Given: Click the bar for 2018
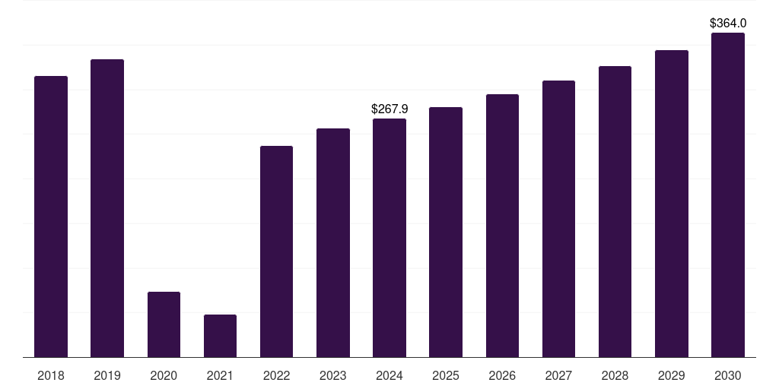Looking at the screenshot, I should (x=51, y=217).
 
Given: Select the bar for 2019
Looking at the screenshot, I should (x=107, y=208).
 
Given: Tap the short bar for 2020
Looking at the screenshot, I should (x=164, y=324).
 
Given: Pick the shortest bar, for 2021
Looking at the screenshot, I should (x=220, y=336).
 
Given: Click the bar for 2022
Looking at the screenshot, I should (x=276, y=251).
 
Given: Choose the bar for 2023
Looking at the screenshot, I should (x=333, y=243).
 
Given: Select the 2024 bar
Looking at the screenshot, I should (x=389, y=238).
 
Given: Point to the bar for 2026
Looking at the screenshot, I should (x=502, y=226).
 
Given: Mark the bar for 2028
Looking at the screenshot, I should (x=615, y=212).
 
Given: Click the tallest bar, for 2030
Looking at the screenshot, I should (x=727, y=195).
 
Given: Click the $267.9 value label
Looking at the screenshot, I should (x=389, y=109).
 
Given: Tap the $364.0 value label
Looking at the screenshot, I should (x=728, y=24).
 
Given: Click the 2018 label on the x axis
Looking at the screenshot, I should (x=51, y=375).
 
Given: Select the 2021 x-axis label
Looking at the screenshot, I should (x=220, y=375).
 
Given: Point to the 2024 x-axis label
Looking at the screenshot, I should (x=389, y=375).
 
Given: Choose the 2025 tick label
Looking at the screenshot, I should (x=446, y=375).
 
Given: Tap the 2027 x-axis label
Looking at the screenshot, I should (x=558, y=375).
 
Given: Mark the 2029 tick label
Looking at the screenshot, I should (x=671, y=375).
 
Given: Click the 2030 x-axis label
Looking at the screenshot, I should (x=727, y=375).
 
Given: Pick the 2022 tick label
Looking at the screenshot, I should (x=276, y=375).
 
